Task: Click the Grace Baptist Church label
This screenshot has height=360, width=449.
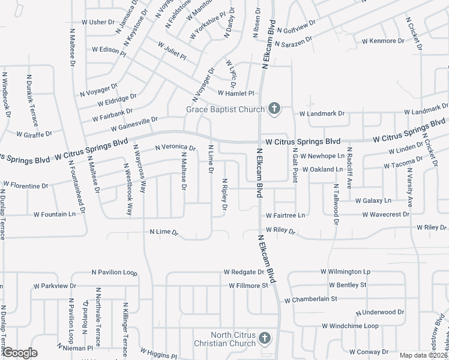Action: click(x=224, y=109)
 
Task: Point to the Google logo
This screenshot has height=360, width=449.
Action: click(x=20, y=353)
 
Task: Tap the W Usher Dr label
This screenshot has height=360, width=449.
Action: click(x=98, y=22)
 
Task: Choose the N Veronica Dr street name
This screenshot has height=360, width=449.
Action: click(x=175, y=148)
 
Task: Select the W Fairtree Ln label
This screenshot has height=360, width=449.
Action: click(x=286, y=215)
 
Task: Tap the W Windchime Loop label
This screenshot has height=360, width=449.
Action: click(x=350, y=326)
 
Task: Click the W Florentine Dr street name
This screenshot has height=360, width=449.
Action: click(x=25, y=184)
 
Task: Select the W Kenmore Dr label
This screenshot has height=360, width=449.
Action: click(x=382, y=41)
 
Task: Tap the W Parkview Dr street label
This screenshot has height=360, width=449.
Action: click(x=55, y=286)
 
